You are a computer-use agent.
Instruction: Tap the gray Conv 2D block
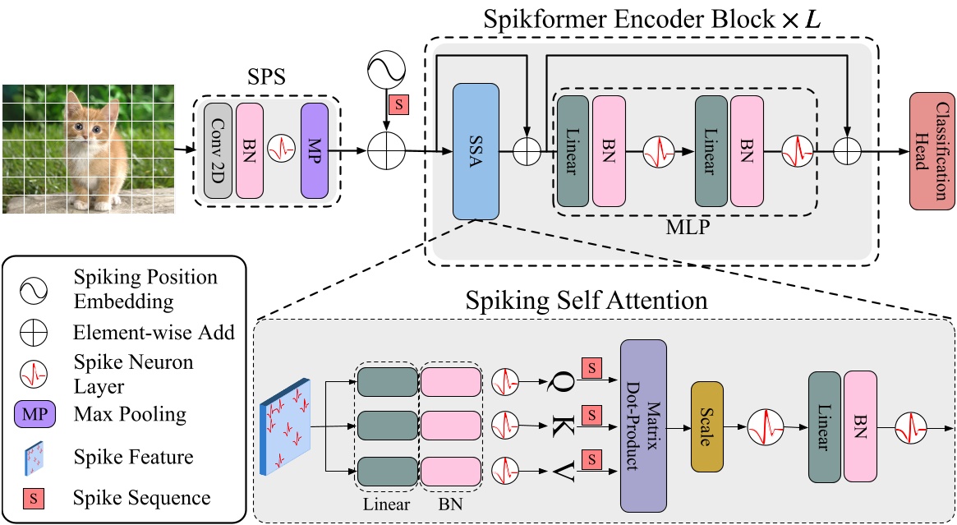[218, 151]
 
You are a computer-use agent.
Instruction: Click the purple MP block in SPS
[315, 151]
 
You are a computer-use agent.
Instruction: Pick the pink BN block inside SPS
[249, 151]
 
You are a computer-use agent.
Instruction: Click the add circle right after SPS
[386, 151]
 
